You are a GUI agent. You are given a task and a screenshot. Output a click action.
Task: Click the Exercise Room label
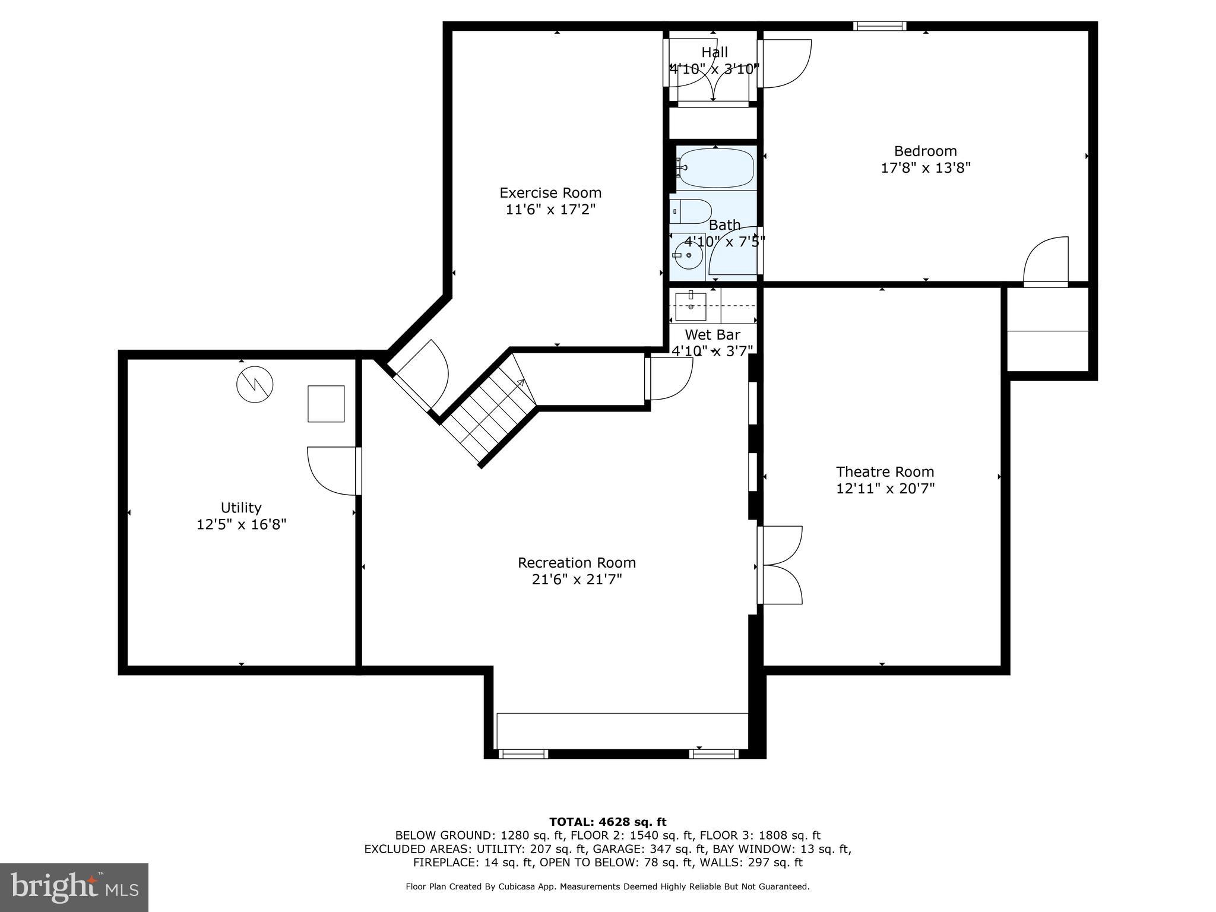(550, 193)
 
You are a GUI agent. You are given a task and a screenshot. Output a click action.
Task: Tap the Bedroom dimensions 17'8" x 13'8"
(925, 168)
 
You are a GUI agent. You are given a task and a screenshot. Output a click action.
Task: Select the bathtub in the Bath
(716, 168)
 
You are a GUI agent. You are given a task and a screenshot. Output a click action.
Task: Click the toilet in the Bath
(691, 211)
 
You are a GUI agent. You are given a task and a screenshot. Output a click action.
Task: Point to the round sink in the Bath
(688, 255)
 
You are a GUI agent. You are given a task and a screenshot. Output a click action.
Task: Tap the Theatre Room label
(885, 472)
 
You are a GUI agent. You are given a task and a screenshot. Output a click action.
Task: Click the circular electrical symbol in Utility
(255, 384)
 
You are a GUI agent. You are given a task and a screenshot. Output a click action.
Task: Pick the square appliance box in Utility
(326, 404)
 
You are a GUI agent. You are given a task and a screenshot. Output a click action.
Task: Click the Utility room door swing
(332, 471)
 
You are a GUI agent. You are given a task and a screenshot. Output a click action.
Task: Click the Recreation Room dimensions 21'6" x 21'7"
(577, 579)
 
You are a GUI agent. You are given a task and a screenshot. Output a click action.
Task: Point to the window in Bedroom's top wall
(879, 26)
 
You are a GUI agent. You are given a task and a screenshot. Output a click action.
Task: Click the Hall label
(714, 52)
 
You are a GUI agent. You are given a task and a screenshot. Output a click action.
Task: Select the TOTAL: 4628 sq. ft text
(607, 822)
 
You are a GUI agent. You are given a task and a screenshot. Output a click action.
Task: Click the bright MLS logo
(74, 887)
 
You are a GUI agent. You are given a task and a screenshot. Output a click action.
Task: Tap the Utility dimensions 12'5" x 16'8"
(241, 525)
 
